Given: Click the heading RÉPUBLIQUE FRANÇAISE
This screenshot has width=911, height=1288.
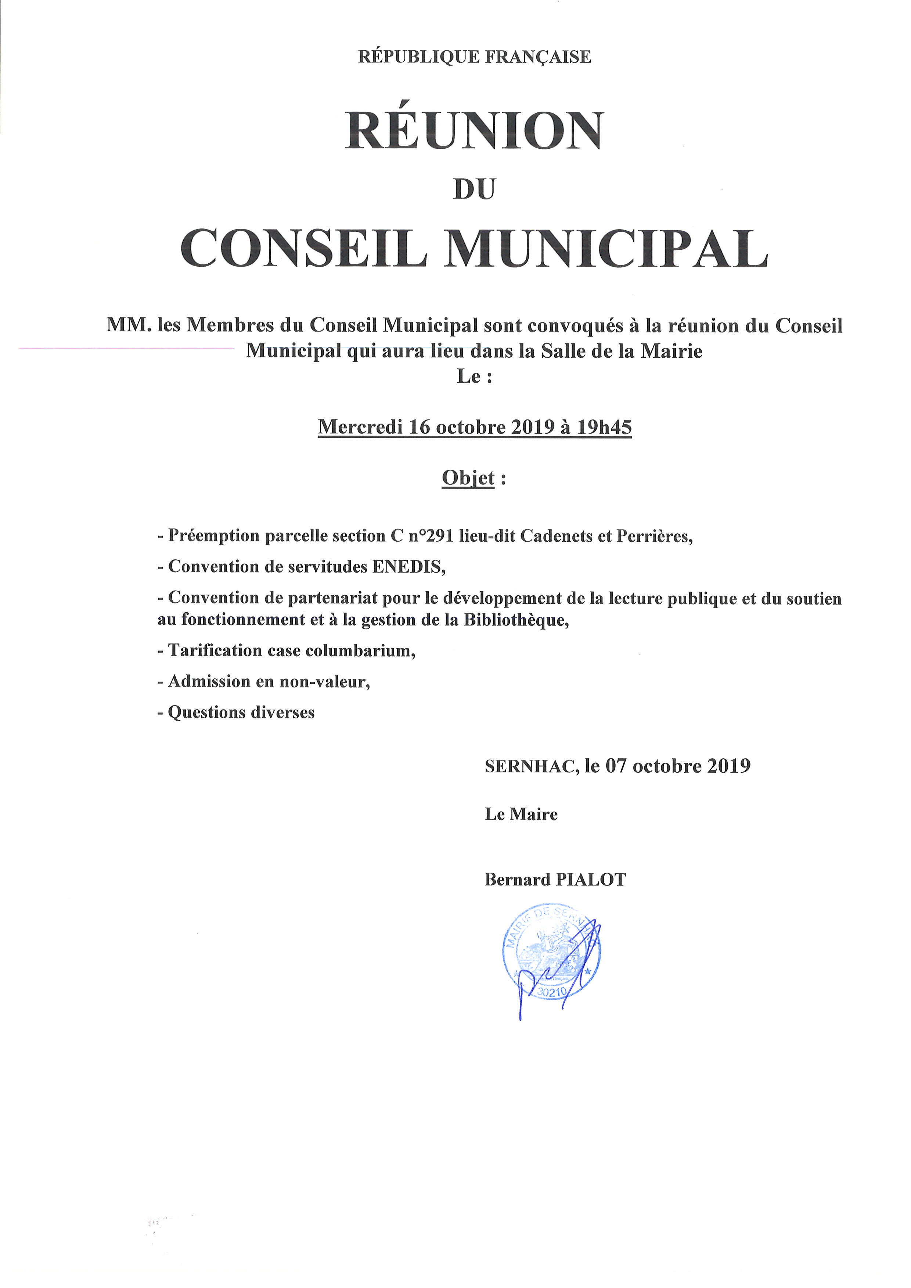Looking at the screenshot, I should pos(475,57).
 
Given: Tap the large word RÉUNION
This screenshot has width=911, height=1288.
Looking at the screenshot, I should pos(475,131).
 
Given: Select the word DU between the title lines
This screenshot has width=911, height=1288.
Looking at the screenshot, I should pos(475,190).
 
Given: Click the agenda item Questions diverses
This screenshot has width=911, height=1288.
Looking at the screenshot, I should pos(241,712).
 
